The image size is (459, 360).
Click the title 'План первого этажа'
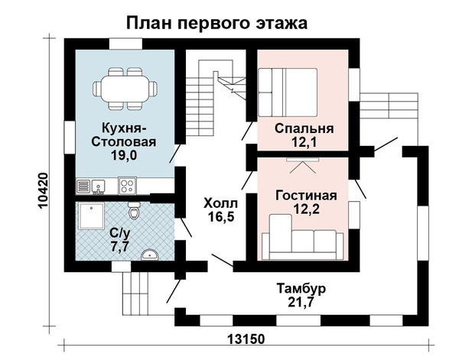216,24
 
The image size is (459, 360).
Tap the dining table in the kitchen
125,89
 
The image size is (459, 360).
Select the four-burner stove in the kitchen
127,186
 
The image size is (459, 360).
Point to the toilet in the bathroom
134,210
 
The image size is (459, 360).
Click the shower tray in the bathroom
92,216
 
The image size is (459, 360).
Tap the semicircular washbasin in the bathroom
150,255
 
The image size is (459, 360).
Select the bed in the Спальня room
288,92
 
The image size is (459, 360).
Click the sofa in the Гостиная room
303,238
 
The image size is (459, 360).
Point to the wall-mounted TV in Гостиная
302,160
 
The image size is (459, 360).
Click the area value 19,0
124,155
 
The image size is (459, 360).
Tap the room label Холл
221,203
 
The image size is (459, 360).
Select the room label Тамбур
301,289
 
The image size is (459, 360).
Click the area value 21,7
301,302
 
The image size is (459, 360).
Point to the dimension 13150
246,339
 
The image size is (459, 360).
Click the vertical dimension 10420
43,190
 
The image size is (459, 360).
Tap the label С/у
120,233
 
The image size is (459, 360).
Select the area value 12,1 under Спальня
304,142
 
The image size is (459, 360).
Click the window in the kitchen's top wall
126,44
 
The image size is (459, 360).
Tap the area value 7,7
120,247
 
